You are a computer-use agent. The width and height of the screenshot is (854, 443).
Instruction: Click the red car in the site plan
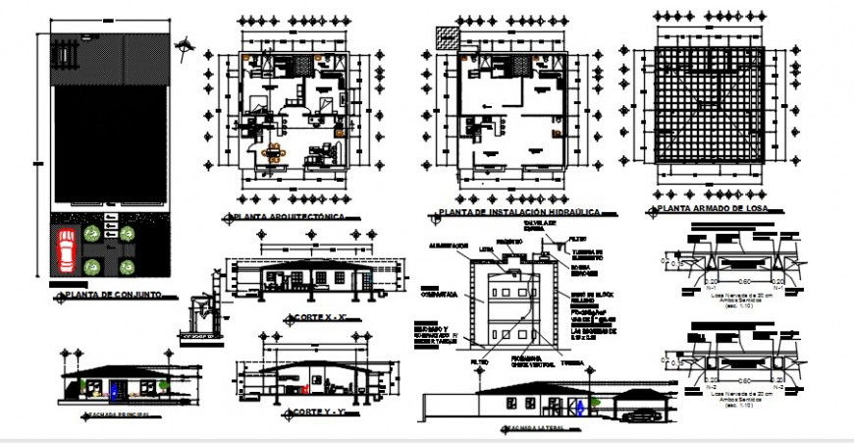pos(65,250)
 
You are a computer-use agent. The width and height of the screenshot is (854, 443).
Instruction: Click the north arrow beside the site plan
pos(187,42)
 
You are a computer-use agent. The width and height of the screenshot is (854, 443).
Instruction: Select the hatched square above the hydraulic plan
pos(446,35)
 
